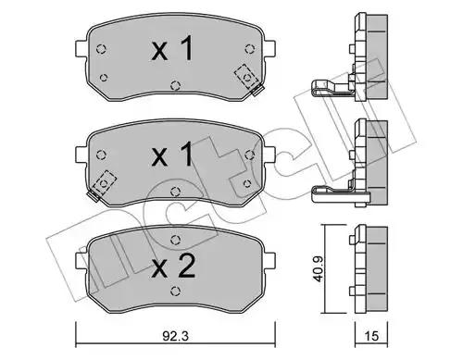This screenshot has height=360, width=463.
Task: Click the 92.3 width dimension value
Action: [x=175, y=336]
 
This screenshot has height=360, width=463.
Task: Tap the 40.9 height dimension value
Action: [x=318, y=268]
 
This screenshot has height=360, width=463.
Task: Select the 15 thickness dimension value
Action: [x=371, y=336]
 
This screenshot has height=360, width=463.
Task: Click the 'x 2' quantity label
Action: [x=173, y=266]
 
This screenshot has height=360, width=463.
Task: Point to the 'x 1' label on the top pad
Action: [x=172, y=48]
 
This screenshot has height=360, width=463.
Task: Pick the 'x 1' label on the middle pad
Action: [x=172, y=155]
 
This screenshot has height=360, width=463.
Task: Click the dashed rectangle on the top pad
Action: [x=246, y=76]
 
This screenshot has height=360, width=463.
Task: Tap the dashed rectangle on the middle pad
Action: [x=105, y=182]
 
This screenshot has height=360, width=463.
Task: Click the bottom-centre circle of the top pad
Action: [x=175, y=85]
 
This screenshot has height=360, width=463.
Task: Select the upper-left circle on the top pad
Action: [x=101, y=49]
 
